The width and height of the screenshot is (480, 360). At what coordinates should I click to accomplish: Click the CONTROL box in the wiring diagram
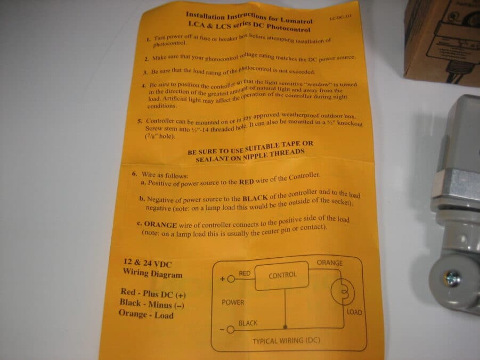click(282, 275)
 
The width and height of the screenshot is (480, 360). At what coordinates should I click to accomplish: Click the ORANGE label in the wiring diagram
click(329, 263)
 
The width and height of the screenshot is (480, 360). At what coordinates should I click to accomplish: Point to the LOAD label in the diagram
click(354, 312)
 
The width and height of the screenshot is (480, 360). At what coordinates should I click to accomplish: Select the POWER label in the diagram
click(233, 302)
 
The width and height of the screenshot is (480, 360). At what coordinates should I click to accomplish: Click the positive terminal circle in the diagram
click(231, 279)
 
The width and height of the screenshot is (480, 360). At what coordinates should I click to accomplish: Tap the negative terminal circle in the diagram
click(231, 330)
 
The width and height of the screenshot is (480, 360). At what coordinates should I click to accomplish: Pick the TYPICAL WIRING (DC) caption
click(286, 341)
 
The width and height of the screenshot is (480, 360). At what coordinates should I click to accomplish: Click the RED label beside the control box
click(245, 273)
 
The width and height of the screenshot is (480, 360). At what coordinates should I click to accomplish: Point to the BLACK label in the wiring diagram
click(248, 323)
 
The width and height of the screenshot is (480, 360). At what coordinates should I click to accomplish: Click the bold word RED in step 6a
click(247, 182)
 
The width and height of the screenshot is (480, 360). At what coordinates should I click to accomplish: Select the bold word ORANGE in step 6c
click(160, 224)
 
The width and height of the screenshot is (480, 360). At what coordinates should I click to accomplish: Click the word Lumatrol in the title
click(296, 20)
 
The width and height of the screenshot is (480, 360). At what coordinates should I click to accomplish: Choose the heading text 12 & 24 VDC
click(148, 263)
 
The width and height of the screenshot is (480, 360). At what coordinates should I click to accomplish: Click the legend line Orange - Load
click(146, 314)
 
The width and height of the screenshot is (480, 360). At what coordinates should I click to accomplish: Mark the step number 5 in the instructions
click(140, 121)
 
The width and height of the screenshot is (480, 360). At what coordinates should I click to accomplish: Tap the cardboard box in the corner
click(442, 42)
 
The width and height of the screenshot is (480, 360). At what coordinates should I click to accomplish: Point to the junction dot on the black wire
click(286, 327)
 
